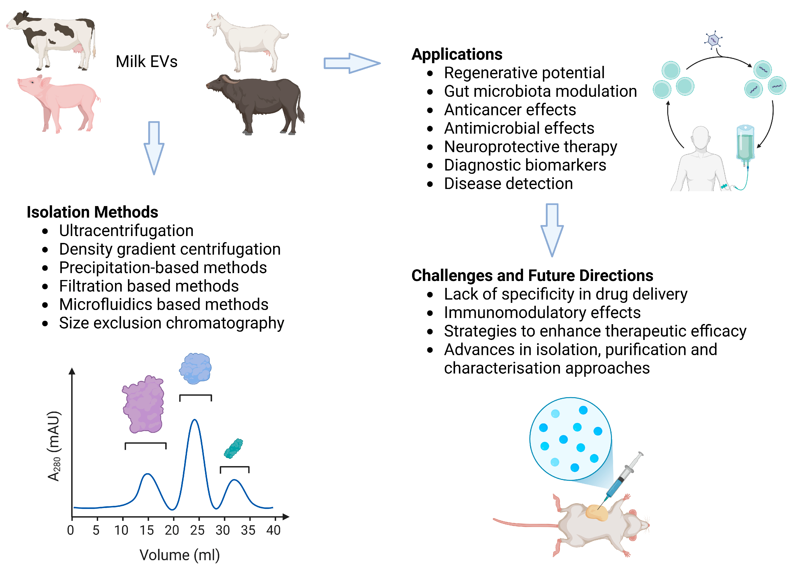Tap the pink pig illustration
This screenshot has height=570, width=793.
(60, 103)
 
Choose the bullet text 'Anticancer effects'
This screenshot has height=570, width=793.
(510, 110)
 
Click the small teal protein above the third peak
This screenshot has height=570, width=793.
(233, 448)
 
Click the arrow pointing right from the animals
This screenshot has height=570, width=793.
(351, 63)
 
